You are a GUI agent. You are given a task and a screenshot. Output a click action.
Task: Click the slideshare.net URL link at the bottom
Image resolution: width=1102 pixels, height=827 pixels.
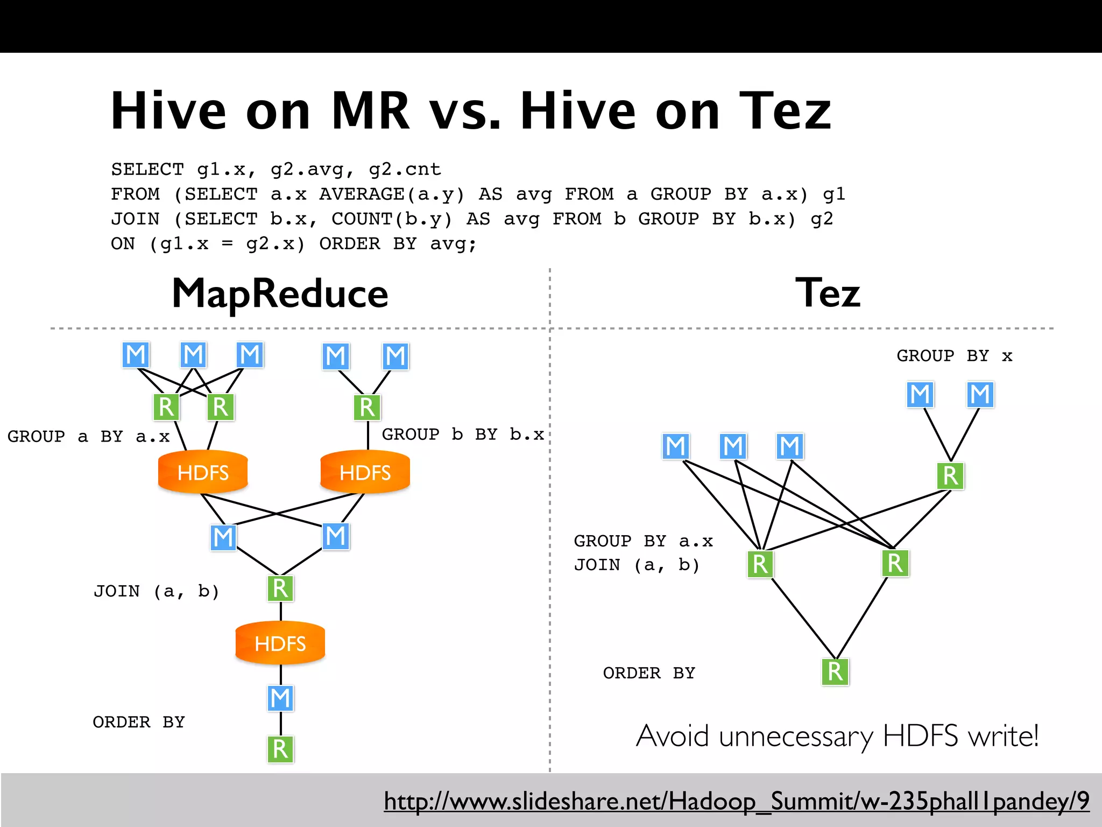[x=736, y=801]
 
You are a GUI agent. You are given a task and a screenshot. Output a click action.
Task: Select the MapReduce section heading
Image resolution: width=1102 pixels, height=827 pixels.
[x=280, y=294]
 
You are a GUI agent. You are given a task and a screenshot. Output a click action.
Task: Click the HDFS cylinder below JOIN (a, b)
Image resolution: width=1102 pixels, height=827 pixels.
[x=280, y=643]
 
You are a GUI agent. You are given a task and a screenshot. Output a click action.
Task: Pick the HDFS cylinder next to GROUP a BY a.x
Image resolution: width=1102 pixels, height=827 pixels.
[x=203, y=472]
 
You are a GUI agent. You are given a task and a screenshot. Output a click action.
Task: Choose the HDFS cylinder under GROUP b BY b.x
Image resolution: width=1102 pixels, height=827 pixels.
[x=365, y=472]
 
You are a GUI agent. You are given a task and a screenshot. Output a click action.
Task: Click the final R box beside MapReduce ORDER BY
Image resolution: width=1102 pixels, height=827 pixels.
[x=280, y=749]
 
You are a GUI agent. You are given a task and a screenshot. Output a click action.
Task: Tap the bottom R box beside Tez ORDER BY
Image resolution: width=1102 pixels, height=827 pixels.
[x=835, y=672]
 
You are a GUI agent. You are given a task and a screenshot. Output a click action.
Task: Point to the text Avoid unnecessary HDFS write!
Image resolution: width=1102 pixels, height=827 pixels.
[x=837, y=736]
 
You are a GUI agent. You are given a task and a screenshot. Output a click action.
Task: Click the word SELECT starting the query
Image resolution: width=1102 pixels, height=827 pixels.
[x=147, y=170]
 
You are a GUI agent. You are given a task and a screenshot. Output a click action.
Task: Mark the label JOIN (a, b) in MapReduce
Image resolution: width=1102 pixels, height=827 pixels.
[x=156, y=591]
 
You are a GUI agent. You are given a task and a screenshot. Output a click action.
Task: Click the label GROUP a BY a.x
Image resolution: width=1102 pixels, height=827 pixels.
[x=88, y=436]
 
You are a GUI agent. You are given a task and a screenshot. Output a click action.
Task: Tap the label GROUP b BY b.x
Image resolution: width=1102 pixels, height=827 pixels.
[x=463, y=434]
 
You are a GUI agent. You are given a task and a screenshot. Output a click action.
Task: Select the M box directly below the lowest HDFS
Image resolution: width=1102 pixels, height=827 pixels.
[x=280, y=698]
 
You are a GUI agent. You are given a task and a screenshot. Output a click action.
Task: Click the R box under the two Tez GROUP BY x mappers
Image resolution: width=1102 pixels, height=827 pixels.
[x=950, y=476]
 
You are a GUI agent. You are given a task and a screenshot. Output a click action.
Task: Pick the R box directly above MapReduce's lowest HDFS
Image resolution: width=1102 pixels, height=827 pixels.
[x=280, y=588]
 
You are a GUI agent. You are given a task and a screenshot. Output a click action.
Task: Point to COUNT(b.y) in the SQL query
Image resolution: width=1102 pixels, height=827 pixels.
[x=392, y=219]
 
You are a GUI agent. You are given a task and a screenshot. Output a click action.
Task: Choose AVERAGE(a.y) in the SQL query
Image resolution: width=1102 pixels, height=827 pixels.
[x=391, y=194]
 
